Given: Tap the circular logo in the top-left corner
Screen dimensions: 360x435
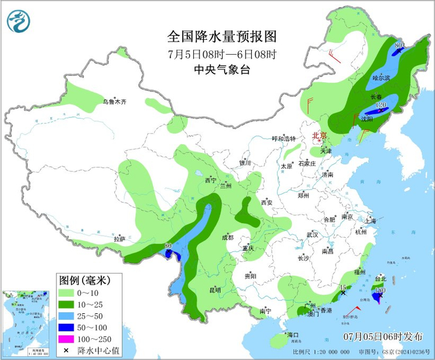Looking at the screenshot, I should click(19, 22).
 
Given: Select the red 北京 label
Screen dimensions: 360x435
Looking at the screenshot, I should click(319, 135).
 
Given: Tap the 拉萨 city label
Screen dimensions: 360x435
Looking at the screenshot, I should click(119, 239).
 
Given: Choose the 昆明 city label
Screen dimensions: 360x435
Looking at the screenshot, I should click(214, 290).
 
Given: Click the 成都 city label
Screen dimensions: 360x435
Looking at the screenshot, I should click(227, 237).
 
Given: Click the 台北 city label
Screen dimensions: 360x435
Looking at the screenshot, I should click(380, 279).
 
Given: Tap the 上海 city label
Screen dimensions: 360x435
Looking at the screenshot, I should click(370, 221).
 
